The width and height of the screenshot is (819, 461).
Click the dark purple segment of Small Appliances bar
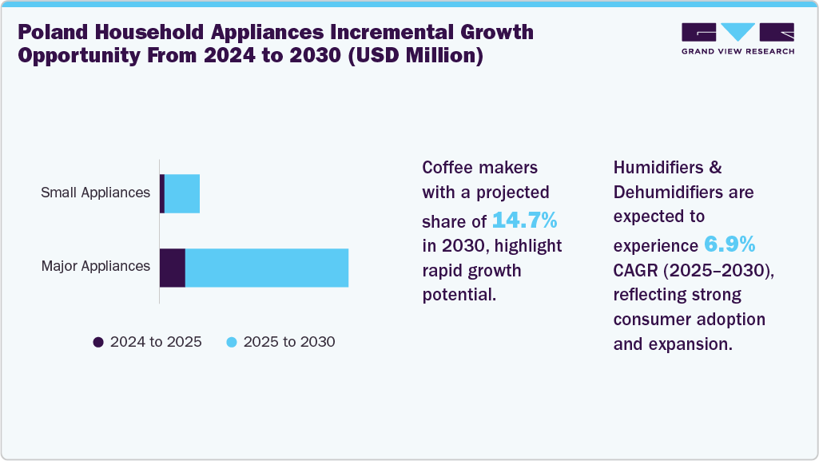coord(162,193)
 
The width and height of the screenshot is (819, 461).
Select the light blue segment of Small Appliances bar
coord(182,193)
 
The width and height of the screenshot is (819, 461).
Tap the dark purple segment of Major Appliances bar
coord(173,268)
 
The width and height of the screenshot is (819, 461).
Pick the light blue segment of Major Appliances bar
coord(267,268)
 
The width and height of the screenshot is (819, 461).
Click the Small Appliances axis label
coord(96,193)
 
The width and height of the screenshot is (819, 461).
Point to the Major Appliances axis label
coord(96,266)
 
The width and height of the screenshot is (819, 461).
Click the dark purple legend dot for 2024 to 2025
coord(98,342)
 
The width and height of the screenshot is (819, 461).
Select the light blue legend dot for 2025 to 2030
coord(232,342)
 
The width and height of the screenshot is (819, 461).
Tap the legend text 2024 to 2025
coord(156,342)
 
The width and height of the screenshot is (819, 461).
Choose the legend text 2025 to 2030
coord(289,342)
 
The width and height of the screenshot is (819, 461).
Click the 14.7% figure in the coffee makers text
coord(524,221)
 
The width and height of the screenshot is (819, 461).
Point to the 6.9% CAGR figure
coord(730,244)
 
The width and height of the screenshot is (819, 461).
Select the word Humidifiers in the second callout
coord(658,168)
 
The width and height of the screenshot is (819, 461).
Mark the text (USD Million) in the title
coord(415,55)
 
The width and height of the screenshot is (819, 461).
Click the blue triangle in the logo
coord(737,31)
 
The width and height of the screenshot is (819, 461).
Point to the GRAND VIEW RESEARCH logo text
coord(738,51)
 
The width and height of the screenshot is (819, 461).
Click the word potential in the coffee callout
coord(459,295)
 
